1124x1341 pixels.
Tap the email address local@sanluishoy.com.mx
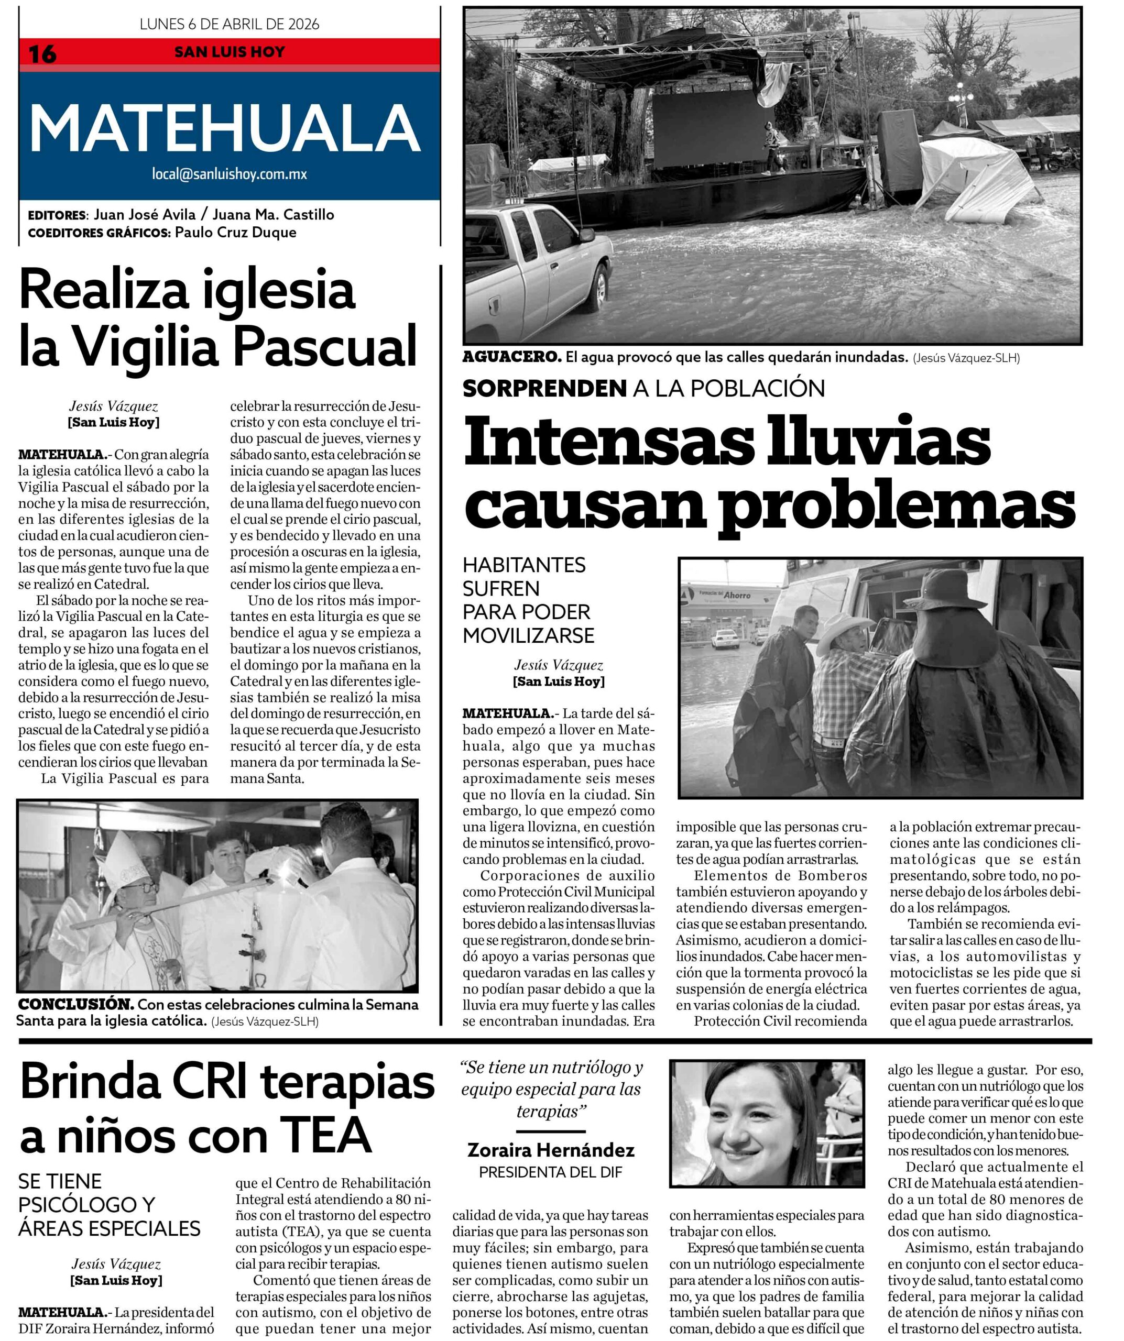pyautogui.click(x=230, y=174)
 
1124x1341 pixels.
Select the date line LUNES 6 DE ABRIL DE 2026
pyautogui.click(x=230, y=24)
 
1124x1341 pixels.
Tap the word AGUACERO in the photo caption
pyautogui.click(x=511, y=358)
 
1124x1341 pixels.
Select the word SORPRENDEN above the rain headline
pyautogui.click(x=544, y=388)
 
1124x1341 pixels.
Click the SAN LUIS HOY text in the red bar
pyautogui.click(x=230, y=52)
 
